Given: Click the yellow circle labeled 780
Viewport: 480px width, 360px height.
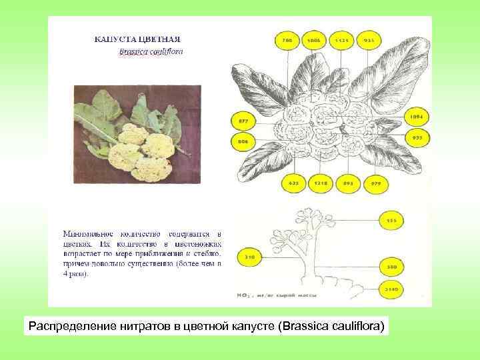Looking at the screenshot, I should coord(287,41).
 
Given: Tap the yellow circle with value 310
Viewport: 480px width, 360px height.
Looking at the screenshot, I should coord(250,256).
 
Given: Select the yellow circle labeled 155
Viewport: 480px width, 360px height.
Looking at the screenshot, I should coord(391,221).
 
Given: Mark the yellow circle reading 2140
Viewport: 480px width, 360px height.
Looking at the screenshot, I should coord(391,289).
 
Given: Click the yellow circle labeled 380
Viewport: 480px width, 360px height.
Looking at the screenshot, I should coord(391,267).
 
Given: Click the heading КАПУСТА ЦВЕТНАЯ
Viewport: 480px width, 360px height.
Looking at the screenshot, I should coord(137,40).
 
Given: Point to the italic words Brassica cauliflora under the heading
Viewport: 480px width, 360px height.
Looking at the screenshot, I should coord(151,51).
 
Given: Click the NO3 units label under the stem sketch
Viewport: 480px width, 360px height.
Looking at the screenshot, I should coord(277,294).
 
